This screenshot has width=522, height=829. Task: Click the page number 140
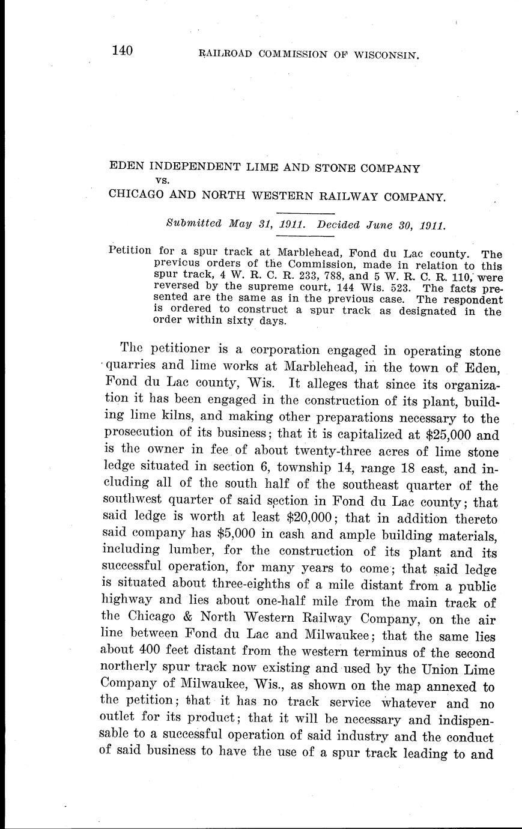coord(121,50)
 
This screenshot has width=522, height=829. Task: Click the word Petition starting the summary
coord(130,250)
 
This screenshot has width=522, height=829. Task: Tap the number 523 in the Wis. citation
coord(397,288)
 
